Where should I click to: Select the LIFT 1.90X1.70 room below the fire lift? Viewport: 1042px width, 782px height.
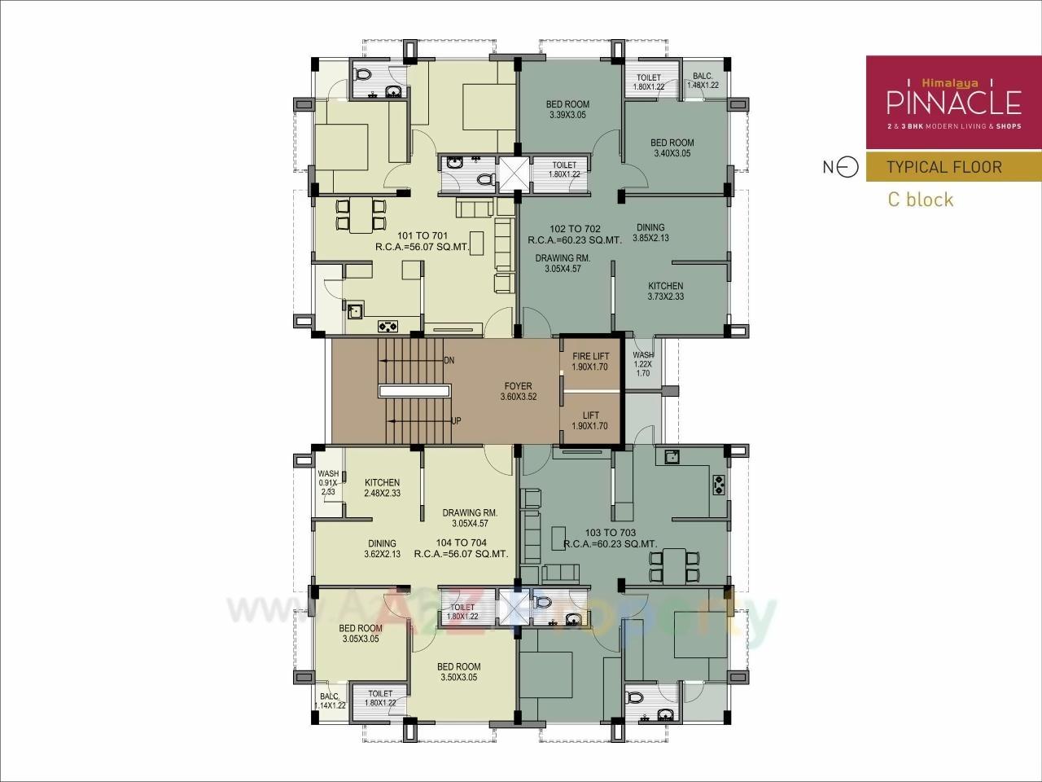pos(590,421)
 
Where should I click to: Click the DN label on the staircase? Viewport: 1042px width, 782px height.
pos(449,360)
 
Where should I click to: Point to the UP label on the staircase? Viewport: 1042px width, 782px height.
pos(456,421)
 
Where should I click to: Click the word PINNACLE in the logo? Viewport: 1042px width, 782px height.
pos(953,103)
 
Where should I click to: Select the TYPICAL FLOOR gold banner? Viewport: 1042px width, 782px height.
pos(943,167)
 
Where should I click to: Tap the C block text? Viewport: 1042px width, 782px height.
pos(920,200)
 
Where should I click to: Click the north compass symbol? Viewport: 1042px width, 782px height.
pos(847,167)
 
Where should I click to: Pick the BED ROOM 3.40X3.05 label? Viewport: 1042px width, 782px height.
pos(672,147)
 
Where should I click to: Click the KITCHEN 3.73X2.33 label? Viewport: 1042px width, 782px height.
pos(665,292)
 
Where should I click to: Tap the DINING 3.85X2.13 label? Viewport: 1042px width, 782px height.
pos(650,233)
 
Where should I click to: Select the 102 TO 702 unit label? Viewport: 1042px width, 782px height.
pos(575,235)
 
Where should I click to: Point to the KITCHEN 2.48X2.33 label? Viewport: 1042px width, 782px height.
pos(382,488)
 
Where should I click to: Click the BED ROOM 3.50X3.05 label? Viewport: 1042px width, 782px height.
pos(458,671)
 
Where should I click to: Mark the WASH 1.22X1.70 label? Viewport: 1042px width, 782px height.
pos(642,364)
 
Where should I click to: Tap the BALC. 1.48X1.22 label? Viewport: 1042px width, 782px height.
pos(703,81)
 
